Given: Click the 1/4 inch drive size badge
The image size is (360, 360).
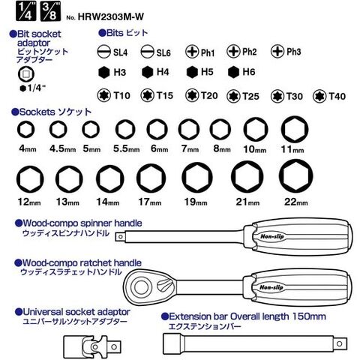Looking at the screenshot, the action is click(26, 11).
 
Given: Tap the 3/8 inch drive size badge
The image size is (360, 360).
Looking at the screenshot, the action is click(50, 11).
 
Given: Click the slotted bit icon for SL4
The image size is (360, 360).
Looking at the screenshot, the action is click(103, 52).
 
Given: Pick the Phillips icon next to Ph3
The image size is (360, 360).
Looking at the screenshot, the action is click(277, 51).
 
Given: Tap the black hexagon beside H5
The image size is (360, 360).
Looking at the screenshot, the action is click(192, 72).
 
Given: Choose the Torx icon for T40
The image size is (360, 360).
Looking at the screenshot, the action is click(319, 96).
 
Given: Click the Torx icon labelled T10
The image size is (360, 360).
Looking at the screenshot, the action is click(103, 95).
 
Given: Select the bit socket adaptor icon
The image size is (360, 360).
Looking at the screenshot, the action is click(26, 74).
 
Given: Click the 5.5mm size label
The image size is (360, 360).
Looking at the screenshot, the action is click(127, 148).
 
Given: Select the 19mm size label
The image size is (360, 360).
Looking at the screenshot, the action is click(196, 202).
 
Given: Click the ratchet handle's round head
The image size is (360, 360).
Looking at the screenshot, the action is click(142, 286).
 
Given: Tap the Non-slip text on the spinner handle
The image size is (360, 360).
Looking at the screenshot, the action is click(272, 236).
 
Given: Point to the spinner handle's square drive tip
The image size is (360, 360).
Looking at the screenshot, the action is click(120, 236).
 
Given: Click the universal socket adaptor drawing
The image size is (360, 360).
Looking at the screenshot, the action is click(92, 346).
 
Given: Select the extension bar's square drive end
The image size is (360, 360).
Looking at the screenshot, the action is click(340, 343).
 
